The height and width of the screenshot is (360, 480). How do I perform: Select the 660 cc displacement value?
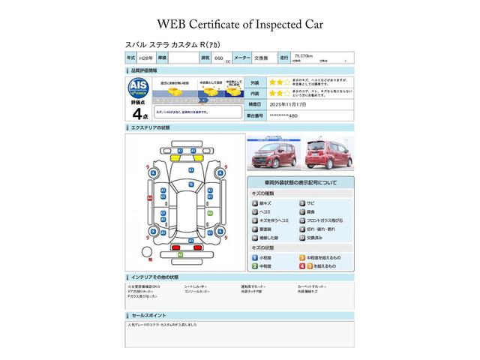click(x=219, y=57)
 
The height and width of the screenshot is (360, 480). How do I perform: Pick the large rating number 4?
click(x=136, y=114)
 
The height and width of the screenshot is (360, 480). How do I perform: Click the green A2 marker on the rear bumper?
click(x=180, y=256)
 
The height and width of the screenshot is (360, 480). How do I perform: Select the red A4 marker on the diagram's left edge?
click(x=150, y=197)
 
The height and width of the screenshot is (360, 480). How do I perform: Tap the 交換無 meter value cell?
click(x=263, y=57)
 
